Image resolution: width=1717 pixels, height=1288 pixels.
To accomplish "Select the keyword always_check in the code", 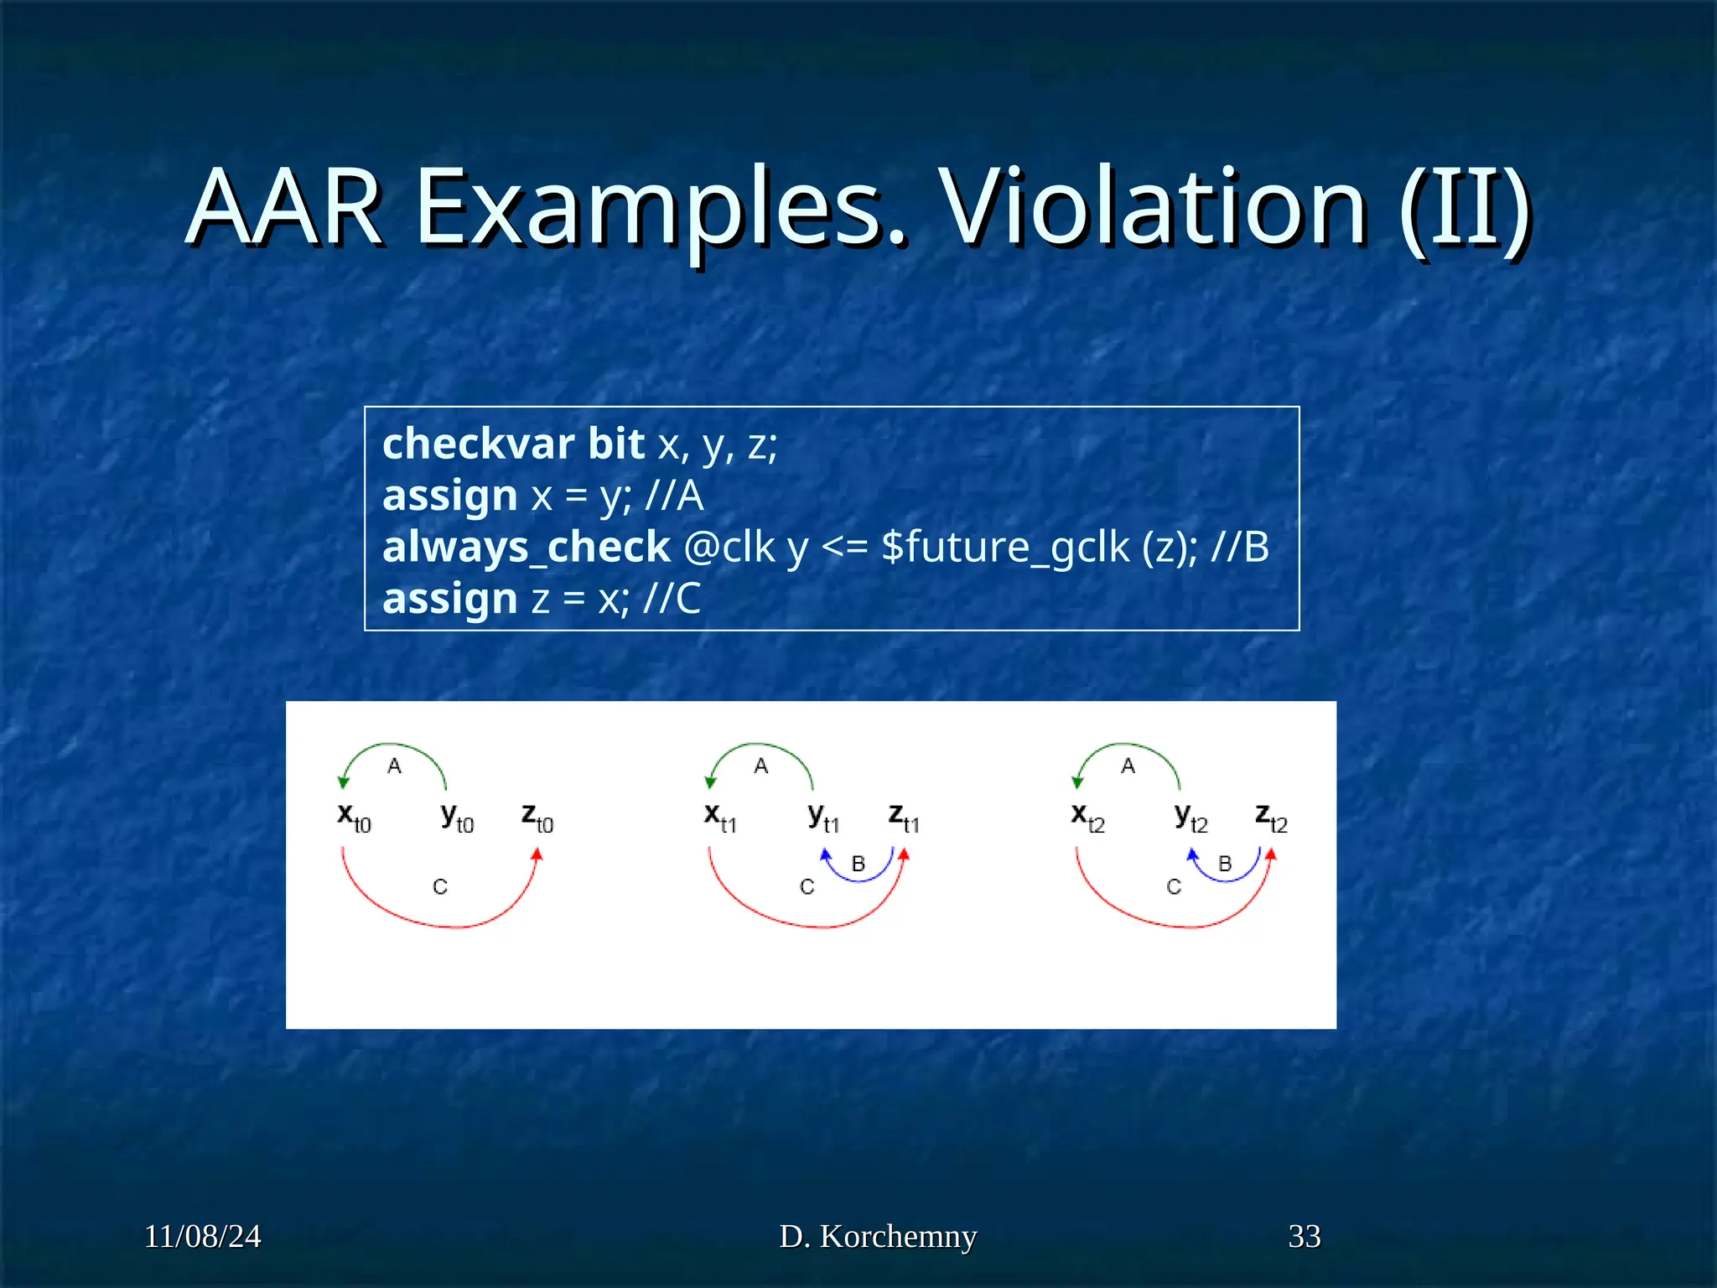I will [526, 548].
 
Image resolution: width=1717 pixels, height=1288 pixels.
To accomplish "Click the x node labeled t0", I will [353, 816].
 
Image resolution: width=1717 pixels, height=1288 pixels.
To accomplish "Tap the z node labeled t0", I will [537, 816].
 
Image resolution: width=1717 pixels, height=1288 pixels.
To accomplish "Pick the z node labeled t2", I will [1270, 816].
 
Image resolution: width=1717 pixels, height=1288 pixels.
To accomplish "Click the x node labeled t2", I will [1087, 816].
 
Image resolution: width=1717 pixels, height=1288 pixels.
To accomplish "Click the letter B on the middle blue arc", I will [858, 864].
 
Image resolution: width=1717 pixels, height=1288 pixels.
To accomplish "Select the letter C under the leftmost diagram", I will [440, 886].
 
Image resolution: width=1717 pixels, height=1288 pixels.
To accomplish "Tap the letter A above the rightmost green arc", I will [1128, 766].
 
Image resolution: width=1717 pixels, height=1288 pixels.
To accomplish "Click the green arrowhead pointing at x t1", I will [710, 783].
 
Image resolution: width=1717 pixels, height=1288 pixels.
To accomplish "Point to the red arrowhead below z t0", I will [537, 854].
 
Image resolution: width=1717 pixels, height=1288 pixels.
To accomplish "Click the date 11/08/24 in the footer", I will [202, 1236].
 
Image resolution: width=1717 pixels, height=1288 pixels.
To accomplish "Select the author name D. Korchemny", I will [878, 1236].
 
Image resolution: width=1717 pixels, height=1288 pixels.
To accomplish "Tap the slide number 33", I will [1304, 1236].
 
